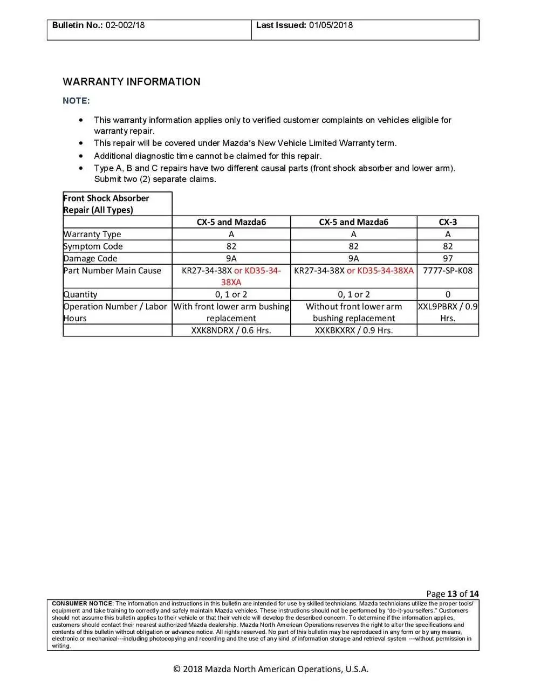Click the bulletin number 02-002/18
pos(125,25)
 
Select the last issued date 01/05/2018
pos(331,25)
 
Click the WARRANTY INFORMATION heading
pos(132,82)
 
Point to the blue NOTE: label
pos(76,101)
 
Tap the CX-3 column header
pos(448,222)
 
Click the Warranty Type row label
pos(92,234)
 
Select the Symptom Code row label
pos(93,246)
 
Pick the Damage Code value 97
pos(448,258)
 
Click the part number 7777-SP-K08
pos(448,271)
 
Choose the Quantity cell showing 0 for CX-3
pos(448,294)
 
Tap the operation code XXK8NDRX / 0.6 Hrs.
pos(231,330)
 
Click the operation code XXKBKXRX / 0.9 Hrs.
pos(353,330)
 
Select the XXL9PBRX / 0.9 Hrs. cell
pos(448,312)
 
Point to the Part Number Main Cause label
pos(112,271)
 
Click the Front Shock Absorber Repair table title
pos(106,204)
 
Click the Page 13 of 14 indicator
pos(452,594)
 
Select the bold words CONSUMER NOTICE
pos(82,603)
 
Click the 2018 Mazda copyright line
pos(271,669)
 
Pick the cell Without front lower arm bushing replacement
pos(353,312)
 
